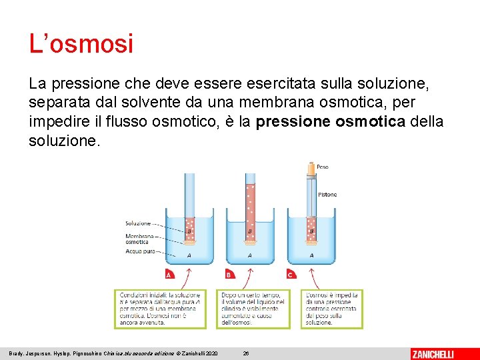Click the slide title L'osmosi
(x=81, y=45)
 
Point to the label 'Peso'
(x=322, y=167)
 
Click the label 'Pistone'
(x=327, y=195)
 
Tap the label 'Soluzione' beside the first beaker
(x=137, y=223)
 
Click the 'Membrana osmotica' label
(x=137, y=239)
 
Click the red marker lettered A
(x=169, y=275)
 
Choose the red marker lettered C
(x=291, y=275)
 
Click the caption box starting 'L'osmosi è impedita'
(x=332, y=308)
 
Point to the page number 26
(x=246, y=353)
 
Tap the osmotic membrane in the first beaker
(x=189, y=241)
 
